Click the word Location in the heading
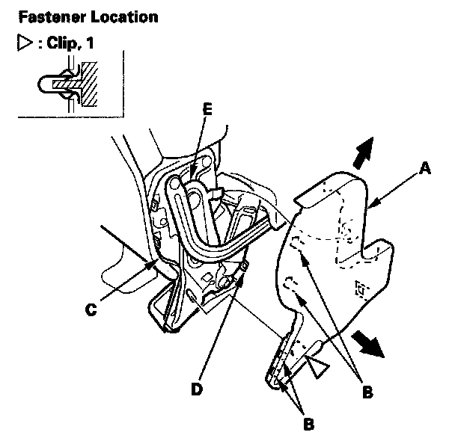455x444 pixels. pos(124,17)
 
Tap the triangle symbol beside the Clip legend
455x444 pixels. pos(25,43)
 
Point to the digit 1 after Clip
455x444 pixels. pos(90,43)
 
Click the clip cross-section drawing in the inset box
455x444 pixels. pos(68,84)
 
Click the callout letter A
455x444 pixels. pos(425,169)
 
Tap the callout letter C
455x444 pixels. pos(91,309)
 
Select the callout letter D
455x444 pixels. pos(197,389)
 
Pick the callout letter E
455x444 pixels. pos(207,109)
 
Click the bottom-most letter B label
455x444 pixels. pos(309,424)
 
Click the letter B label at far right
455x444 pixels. pos(367,392)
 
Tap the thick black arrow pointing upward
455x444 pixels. pos(364,153)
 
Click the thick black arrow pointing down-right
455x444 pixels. pos(367,345)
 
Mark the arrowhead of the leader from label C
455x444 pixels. pos(150,265)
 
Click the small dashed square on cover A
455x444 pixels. pos(361,289)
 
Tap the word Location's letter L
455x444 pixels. pos(95,17)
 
